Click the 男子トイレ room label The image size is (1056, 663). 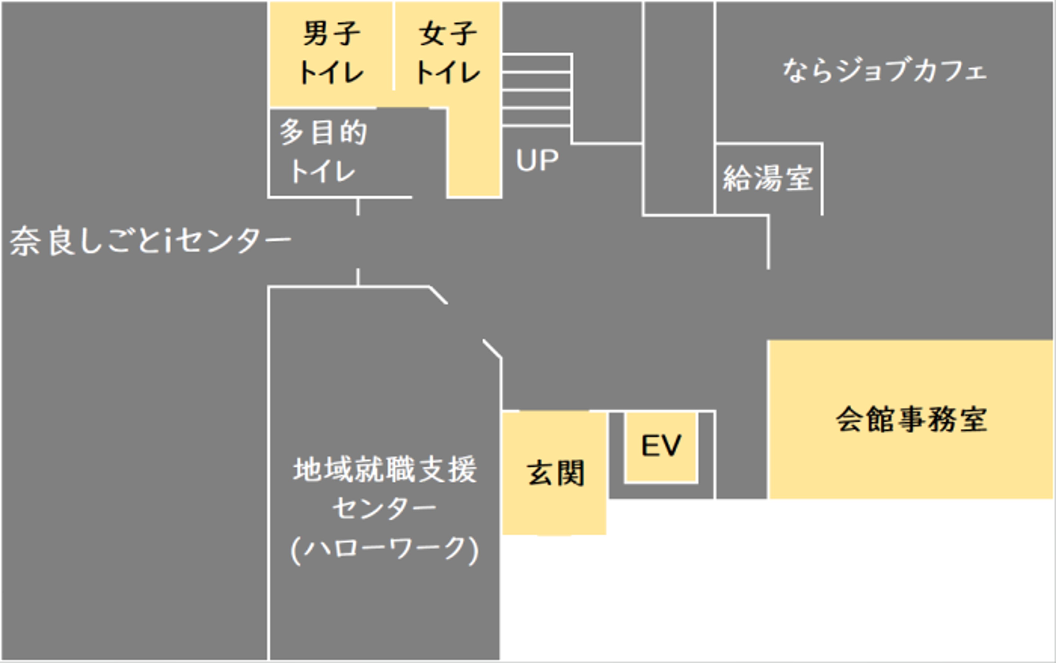coord(331,53)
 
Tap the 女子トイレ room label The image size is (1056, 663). coord(447,53)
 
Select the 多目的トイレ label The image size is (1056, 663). coord(323,151)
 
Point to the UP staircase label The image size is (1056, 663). coord(537,160)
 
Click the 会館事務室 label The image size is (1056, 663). coord(911,419)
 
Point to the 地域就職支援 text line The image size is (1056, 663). coord(385,470)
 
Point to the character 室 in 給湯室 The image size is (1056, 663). coord(799,179)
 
